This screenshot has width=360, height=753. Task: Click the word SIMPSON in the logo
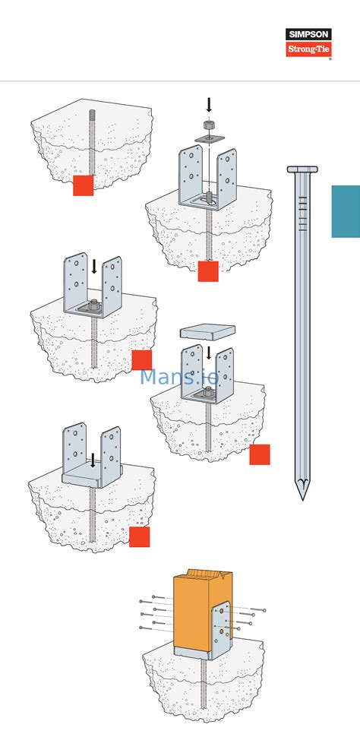(308, 34)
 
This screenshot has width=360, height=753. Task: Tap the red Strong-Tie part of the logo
(308, 49)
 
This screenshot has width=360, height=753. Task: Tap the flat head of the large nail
(302, 169)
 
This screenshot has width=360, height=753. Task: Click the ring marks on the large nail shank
(302, 213)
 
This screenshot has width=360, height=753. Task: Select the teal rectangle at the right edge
(346, 211)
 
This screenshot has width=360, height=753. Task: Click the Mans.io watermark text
(179, 376)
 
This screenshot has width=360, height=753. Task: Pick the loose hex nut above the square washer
(209, 125)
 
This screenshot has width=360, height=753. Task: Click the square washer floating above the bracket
(209, 138)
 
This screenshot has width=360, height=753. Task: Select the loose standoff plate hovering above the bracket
(207, 332)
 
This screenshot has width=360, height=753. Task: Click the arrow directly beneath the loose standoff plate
(209, 353)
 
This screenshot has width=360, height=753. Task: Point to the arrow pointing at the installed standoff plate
(93, 460)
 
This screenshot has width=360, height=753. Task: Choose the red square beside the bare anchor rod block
(83, 185)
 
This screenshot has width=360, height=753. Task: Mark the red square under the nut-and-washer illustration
(208, 271)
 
